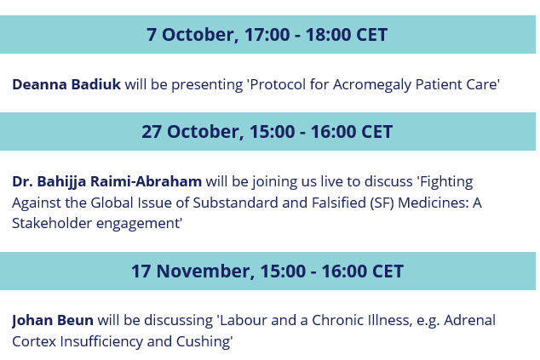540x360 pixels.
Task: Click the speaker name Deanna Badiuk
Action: coord(66,84)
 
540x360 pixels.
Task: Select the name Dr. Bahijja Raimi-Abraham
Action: coord(106,182)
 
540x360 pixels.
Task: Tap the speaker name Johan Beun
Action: coord(53,320)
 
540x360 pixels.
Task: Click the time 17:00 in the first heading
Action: coord(267,35)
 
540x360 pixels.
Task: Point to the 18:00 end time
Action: coord(328,35)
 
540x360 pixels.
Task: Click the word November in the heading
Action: coord(205,271)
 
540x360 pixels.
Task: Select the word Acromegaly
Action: coord(372,85)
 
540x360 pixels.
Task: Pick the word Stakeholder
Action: coord(52,223)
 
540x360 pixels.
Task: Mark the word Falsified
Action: coord(338,203)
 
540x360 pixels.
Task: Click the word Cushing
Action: coord(203,342)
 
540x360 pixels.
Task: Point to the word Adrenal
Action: coord(470,320)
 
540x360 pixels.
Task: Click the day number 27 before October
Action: coord(152,132)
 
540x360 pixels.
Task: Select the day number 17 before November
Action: coord(141,271)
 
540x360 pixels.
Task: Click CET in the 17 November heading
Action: coord(388,271)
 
